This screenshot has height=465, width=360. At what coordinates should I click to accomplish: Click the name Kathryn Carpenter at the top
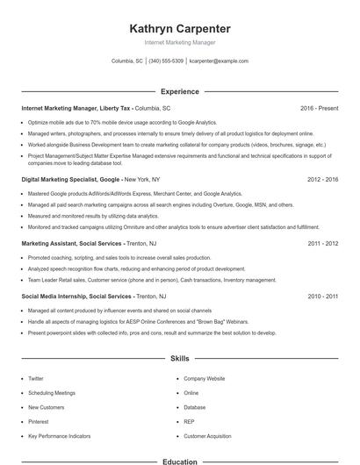tap(179, 28)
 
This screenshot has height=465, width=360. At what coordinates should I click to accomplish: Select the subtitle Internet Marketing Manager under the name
tap(179, 42)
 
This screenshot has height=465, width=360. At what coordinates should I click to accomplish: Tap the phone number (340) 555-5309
tap(166, 61)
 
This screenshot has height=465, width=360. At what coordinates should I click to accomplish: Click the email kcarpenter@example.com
tap(219, 61)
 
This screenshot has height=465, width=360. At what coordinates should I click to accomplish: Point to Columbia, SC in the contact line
tap(127, 61)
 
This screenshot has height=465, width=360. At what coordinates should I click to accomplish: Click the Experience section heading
tap(179, 91)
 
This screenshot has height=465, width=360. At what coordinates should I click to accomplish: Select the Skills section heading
tap(179, 359)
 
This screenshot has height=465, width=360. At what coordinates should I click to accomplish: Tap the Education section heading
tap(179, 461)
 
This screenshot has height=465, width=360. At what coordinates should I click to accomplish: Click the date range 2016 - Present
tap(319, 108)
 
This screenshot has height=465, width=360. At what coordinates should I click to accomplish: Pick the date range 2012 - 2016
tap(322, 179)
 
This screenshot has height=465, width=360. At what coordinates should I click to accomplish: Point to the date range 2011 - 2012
tap(322, 243)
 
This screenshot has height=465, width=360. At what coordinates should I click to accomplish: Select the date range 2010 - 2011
tap(322, 297)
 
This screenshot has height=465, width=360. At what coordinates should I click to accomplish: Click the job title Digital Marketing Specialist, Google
tap(71, 179)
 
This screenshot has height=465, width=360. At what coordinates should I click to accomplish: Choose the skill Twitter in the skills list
tap(36, 378)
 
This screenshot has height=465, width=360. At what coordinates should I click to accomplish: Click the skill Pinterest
tap(40, 422)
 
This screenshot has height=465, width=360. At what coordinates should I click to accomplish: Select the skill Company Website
tap(204, 378)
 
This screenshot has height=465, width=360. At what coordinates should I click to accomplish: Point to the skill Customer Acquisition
tap(207, 436)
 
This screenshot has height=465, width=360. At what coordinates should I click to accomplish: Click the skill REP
tap(189, 422)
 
